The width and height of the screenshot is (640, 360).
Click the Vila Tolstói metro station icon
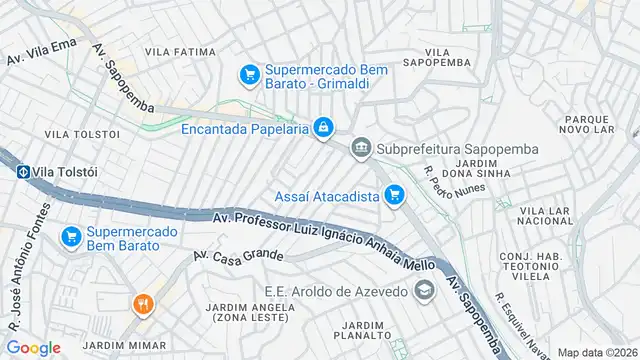pos(21,171)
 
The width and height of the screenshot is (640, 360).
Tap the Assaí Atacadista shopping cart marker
pos(395,195)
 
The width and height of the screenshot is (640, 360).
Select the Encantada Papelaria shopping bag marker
pos(324,128)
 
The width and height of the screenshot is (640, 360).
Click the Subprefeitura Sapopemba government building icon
pos(360,149)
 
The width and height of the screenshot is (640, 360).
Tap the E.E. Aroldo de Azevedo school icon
pos(424,291)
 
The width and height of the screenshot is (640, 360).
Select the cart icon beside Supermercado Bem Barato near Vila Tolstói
pos(70,237)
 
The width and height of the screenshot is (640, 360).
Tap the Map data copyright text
pos(597,352)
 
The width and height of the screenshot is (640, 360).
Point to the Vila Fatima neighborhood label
pos(180,51)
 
